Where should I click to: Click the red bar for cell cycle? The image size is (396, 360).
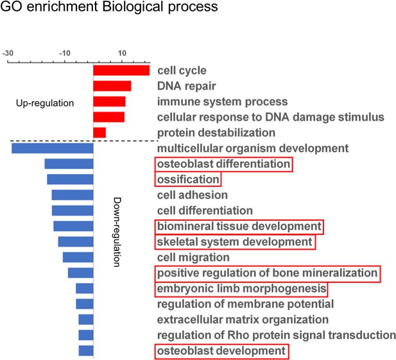coord(121,71)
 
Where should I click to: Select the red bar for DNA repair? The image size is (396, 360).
coord(112,86)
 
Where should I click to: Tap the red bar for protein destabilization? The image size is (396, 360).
coord(99,133)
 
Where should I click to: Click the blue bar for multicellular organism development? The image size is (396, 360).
coord(53,148)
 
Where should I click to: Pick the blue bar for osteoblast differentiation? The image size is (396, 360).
coord(69,164)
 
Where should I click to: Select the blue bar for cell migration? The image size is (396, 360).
coord(78,257)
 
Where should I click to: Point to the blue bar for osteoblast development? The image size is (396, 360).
coord(86,350)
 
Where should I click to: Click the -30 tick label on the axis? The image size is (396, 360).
coord(8,53)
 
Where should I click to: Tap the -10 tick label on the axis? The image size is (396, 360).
coord(65,53)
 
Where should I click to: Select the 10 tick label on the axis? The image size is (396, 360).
coord(122,53)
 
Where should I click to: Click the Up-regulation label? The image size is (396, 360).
coord(45,103)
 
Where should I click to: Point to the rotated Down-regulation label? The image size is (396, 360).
coord(116,232)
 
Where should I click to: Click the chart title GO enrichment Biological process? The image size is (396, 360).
coord(109,6)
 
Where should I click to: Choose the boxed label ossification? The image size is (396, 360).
coord(188,180)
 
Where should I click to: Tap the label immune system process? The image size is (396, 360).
coord(223,102)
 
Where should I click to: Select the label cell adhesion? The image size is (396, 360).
coord(193,195)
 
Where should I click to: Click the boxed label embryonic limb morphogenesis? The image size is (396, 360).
coord(241,289)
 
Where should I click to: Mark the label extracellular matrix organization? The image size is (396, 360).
coord(243,320)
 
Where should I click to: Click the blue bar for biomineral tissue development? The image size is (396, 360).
coord(74,226)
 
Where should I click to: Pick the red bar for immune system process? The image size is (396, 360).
coord(109,101)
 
